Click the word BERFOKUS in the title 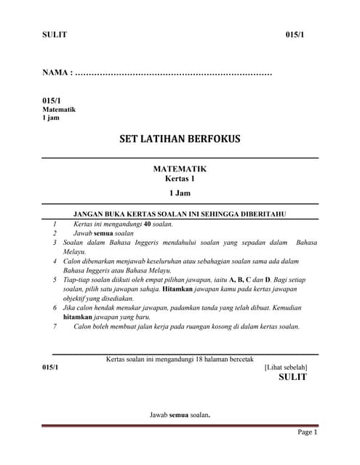click(213, 139)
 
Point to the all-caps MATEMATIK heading click(180, 168)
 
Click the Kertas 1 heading click(180, 178)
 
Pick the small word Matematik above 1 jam click(59, 110)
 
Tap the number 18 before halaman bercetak click(192, 359)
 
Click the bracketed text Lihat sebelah click(285, 368)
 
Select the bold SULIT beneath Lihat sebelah click(292, 377)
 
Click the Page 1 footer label click(308, 432)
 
